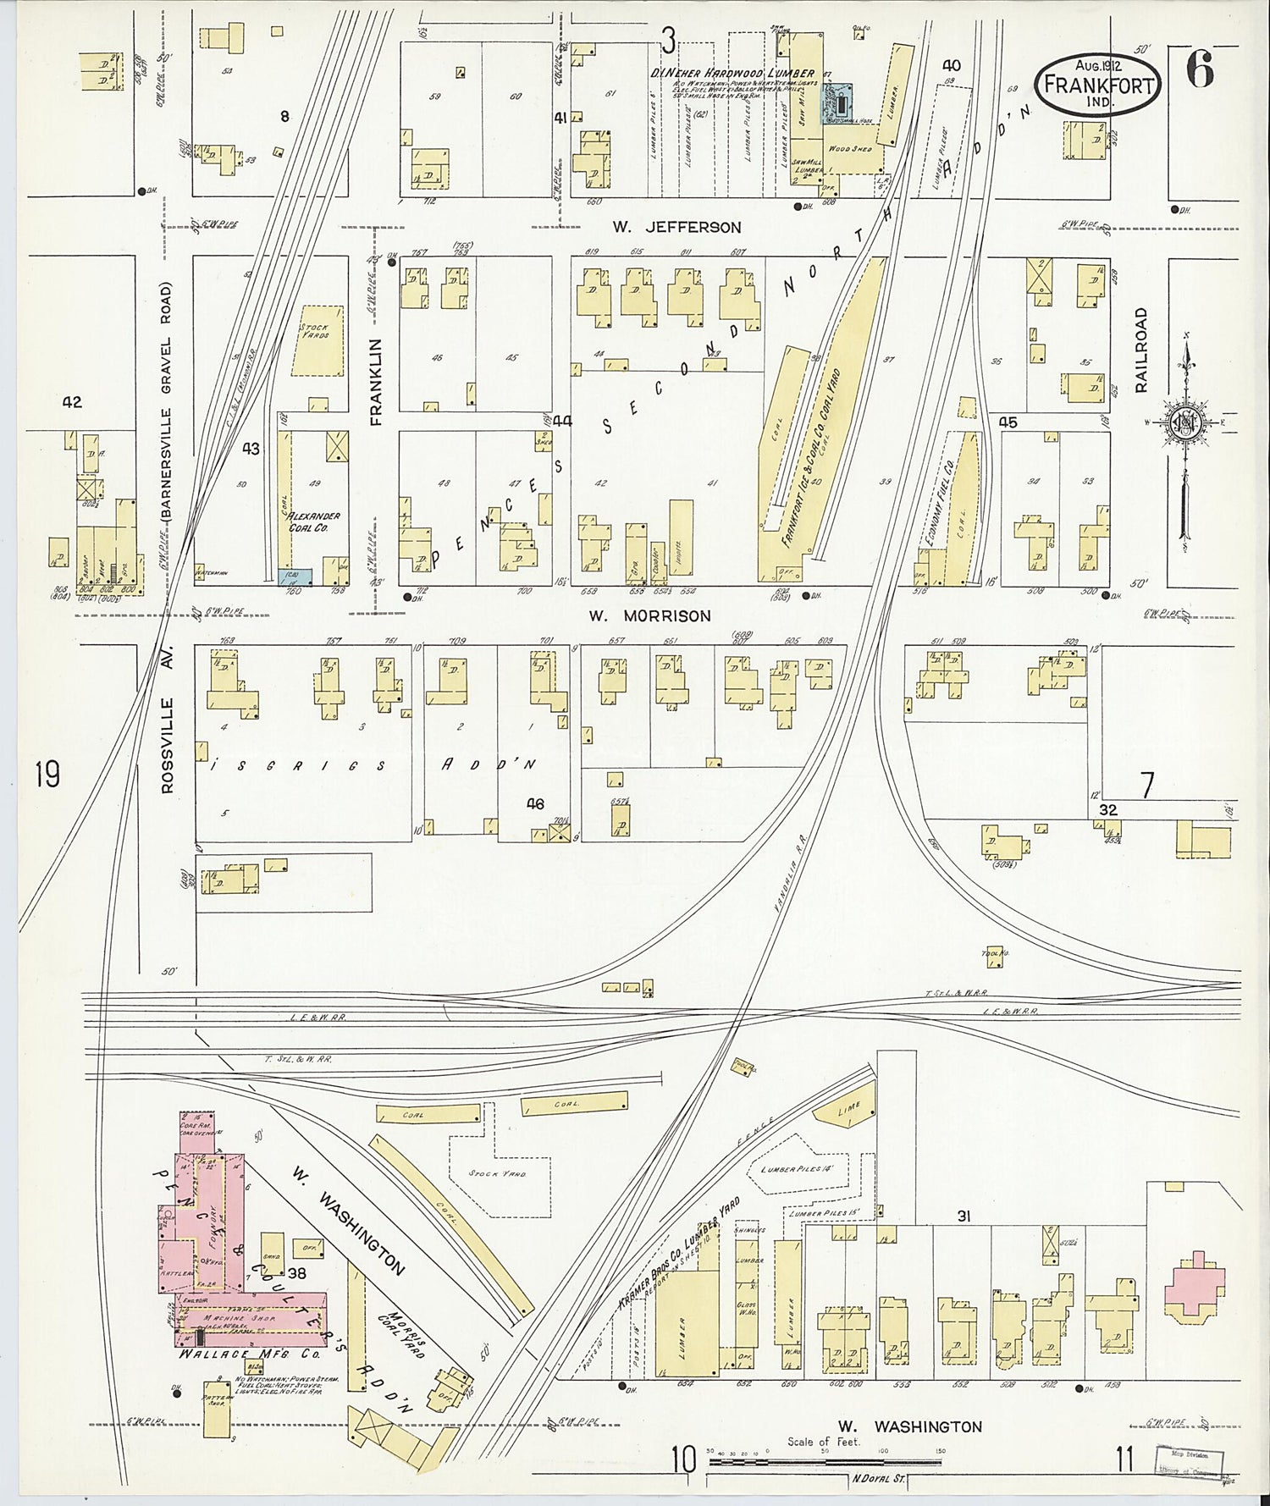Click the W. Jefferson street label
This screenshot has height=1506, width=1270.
(677, 227)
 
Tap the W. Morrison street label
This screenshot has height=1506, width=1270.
(649, 616)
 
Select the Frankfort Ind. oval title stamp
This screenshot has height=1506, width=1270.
(1098, 82)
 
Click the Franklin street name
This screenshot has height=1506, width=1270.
(377, 381)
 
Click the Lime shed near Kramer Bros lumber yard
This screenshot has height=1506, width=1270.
(848, 1110)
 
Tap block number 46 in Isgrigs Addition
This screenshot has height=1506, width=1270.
(535, 803)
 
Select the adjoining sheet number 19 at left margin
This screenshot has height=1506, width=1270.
(47, 774)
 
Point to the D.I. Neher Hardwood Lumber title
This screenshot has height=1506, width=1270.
(732, 74)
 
